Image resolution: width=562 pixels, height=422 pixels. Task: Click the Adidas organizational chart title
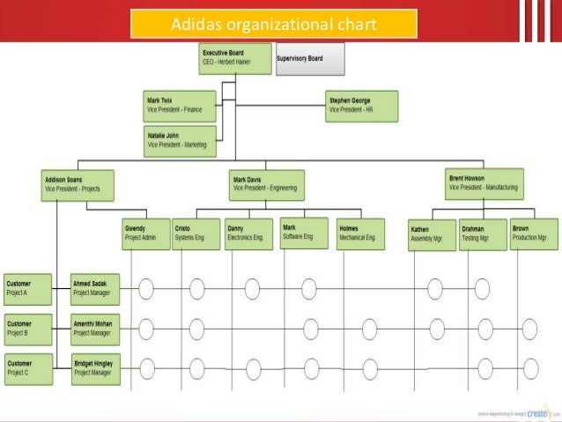click(273, 23)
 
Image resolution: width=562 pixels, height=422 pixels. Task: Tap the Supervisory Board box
click(309, 59)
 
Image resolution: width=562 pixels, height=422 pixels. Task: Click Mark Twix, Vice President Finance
click(180, 105)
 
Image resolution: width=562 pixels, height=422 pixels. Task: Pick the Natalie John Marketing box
click(180, 141)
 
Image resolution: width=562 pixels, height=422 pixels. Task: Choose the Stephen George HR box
click(361, 105)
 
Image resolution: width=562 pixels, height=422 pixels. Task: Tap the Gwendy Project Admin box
click(144, 233)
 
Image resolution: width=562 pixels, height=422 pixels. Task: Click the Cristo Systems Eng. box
click(195, 233)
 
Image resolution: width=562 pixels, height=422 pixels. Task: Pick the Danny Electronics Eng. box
click(248, 233)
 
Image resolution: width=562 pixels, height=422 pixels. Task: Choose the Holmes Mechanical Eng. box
click(359, 233)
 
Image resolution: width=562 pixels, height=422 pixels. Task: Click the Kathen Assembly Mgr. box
click(431, 235)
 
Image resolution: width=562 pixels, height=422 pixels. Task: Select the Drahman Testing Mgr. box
click(482, 235)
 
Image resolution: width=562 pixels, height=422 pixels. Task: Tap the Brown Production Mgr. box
click(533, 234)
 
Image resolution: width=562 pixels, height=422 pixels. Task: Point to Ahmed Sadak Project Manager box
click(95, 287)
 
